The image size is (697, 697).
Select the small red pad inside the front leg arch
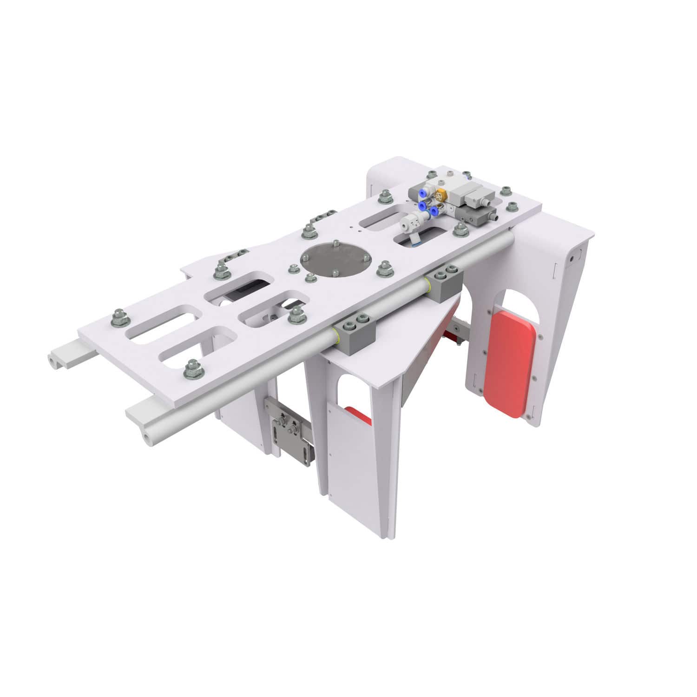[358, 415]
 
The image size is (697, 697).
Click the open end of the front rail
[148, 435]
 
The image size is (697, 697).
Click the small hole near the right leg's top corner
[572, 256]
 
